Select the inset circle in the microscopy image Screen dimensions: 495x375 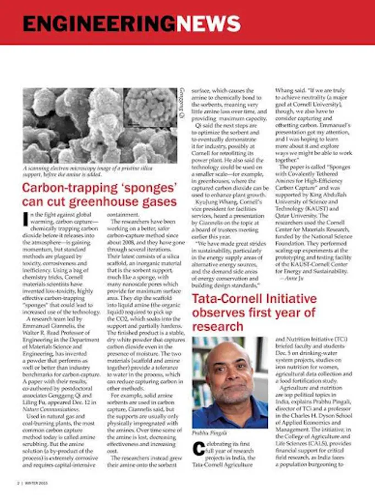click(x=150, y=107)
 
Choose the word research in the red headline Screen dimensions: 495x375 click(x=218, y=327)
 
